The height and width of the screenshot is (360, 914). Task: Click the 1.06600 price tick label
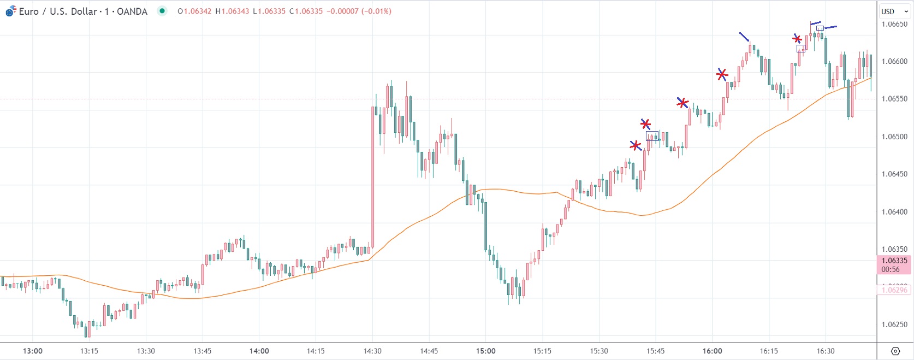pyautogui.click(x=894, y=62)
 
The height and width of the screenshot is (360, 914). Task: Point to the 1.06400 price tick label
pyautogui.click(x=894, y=212)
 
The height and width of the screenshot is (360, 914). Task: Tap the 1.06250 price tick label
pyautogui.click(x=894, y=324)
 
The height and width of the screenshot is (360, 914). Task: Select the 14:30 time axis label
pyautogui.click(x=372, y=351)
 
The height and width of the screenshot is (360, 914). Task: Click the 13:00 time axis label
pyautogui.click(x=33, y=351)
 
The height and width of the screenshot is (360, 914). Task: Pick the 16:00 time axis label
pyautogui.click(x=712, y=351)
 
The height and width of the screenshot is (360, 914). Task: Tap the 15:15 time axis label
pyautogui.click(x=542, y=351)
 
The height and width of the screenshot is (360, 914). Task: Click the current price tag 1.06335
pyautogui.click(x=894, y=261)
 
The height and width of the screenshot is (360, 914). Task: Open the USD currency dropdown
pyautogui.click(x=894, y=11)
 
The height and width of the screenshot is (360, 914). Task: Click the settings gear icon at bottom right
pyautogui.click(x=895, y=351)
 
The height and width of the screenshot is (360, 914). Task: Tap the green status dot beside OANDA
pyautogui.click(x=162, y=11)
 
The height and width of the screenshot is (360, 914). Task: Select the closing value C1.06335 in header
pyautogui.click(x=307, y=11)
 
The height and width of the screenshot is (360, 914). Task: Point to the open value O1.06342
pyautogui.click(x=194, y=11)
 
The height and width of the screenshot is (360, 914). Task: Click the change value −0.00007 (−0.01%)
pyautogui.click(x=359, y=11)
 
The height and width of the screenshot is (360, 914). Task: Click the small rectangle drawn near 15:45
pyautogui.click(x=652, y=136)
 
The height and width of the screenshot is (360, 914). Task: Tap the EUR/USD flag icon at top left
pyautogui.click(x=10, y=11)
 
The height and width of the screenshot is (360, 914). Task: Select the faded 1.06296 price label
pyautogui.click(x=894, y=290)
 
